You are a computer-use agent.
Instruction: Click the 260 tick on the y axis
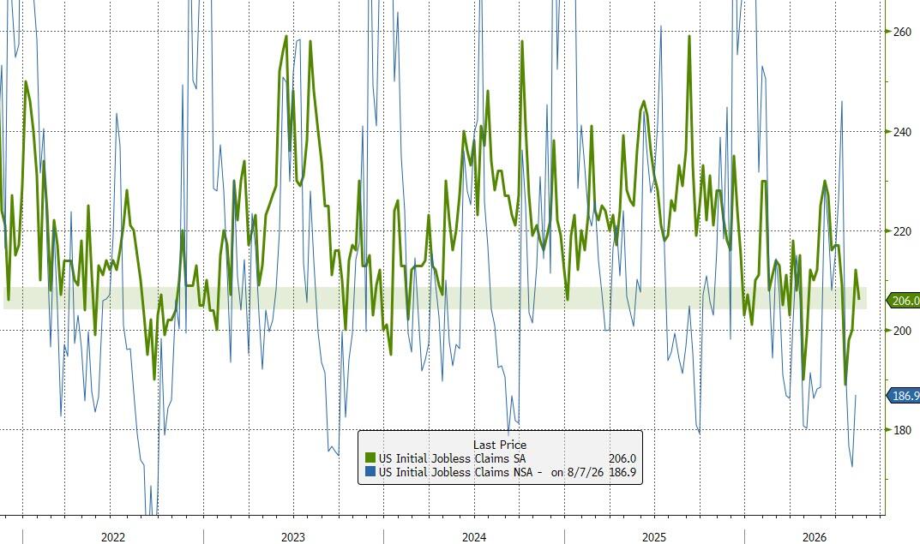tap(902, 32)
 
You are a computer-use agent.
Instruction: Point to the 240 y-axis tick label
tap(902, 132)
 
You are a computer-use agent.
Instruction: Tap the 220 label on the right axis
tap(902, 231)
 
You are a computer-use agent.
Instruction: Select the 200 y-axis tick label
tap(902, 331)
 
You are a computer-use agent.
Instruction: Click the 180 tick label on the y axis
tap(902, 430)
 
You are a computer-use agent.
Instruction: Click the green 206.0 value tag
tap(904, 301)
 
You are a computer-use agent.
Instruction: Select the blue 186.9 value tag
tap(904, 396)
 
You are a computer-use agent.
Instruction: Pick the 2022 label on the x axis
tap(112, 537)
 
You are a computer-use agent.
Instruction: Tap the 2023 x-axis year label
tap(292, 537)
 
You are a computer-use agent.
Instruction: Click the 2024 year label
tap(473, 537)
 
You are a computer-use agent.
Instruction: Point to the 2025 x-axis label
tap(653, 537)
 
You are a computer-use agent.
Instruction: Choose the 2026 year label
tap(815, 537)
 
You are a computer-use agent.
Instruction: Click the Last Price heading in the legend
tap(500, 445)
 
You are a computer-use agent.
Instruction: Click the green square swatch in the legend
tap(370, 458)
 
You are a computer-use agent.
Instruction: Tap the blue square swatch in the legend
tap(370, 472)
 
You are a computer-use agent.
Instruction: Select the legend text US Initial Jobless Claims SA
tap(452, 458)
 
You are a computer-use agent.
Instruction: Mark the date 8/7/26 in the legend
tap(585, 472)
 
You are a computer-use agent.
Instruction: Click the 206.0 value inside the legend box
tap(622, 458)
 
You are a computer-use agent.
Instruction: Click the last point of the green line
tap(859, 300)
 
